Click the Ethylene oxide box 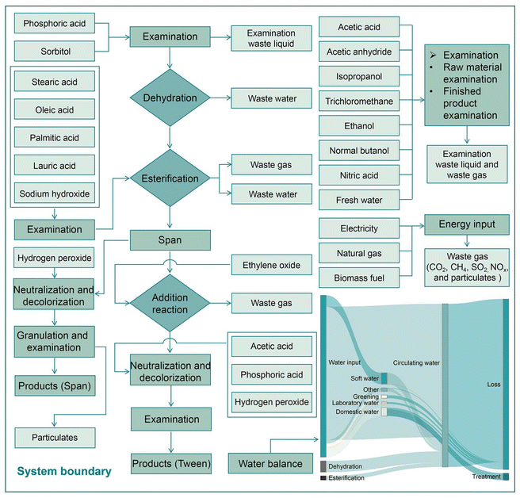tap(271, 265)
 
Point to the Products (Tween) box tap(171, 463)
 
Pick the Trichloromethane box tap(360, 102)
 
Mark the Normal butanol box tap(360, 151)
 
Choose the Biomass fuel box tap(360, 278)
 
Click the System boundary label tap(63, 472)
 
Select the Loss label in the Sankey tap(493, 385)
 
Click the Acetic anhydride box tap(360, 52)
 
